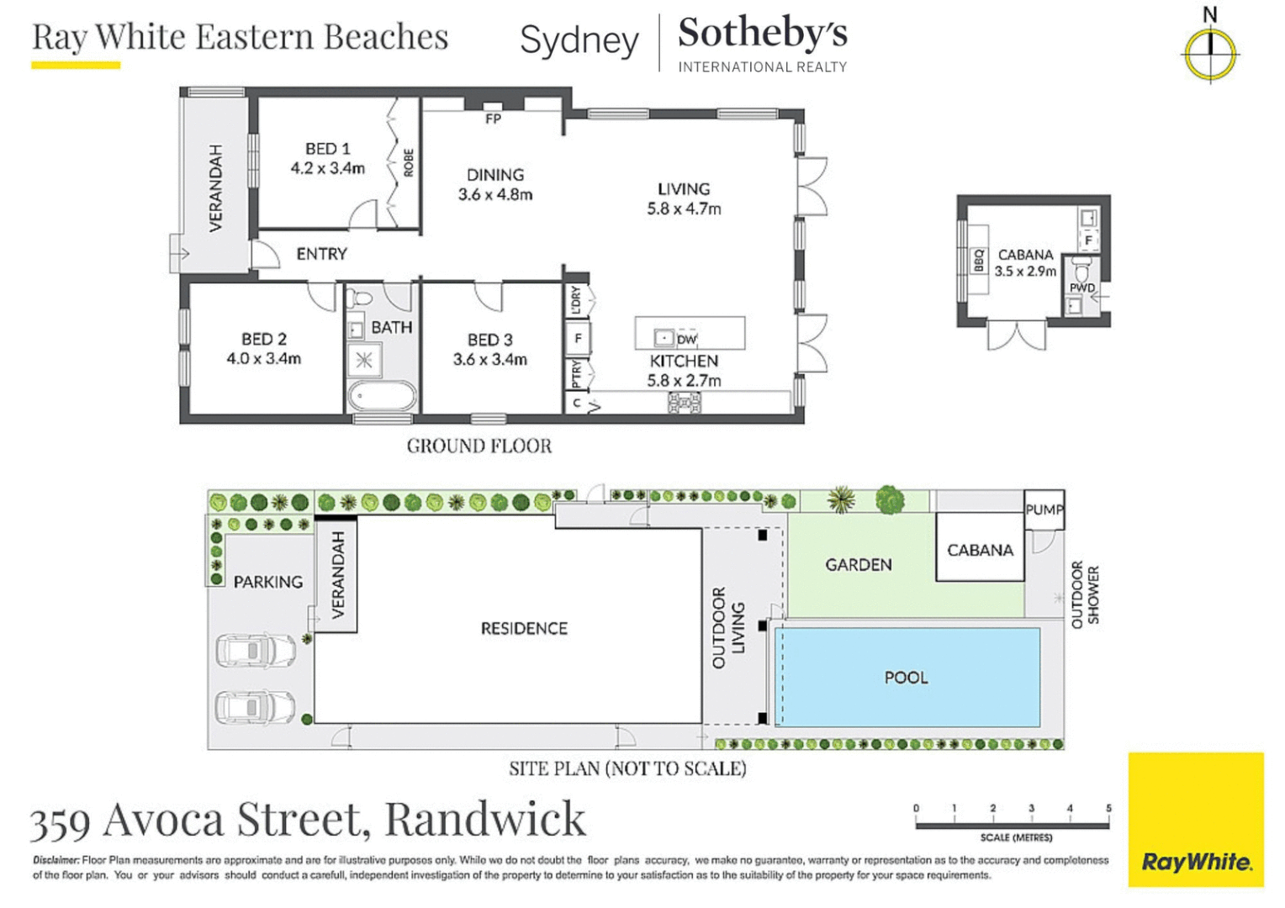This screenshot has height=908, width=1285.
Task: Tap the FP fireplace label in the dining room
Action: (494, 119)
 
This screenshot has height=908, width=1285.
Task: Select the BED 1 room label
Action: (327, 149)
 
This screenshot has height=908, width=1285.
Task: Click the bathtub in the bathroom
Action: (382, 395)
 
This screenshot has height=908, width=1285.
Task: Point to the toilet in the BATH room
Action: (359, 298)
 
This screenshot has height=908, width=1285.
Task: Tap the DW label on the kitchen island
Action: (687, 340)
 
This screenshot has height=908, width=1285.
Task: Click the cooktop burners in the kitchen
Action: (684, 404)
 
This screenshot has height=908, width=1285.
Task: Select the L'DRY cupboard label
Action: (576, 300)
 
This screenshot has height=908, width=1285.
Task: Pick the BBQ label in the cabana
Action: (979, 261)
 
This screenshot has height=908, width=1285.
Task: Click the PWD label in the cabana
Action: (1081, 288)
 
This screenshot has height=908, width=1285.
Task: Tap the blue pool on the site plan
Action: (907, 677)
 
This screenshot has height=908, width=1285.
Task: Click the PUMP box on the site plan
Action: (1044, 509)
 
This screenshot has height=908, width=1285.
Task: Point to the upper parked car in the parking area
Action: (255, 651)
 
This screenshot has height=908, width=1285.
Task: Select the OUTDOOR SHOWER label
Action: (1085, 595)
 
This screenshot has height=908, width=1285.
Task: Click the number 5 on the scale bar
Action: (1108, 808)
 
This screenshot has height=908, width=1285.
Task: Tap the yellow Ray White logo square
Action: (1195, 819)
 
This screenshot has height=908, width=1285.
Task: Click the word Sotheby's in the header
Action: (762, 34)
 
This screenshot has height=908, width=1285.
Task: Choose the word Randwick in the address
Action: (485, 819)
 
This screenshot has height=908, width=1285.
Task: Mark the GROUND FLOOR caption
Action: (479, 446)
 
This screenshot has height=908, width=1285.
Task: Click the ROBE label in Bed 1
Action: (409, 162)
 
